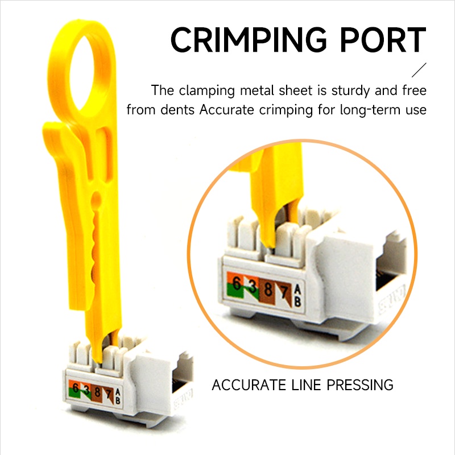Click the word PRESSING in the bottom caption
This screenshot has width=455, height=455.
(x=359, y=385)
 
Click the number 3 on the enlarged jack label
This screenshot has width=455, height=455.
(x=251, y=286)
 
